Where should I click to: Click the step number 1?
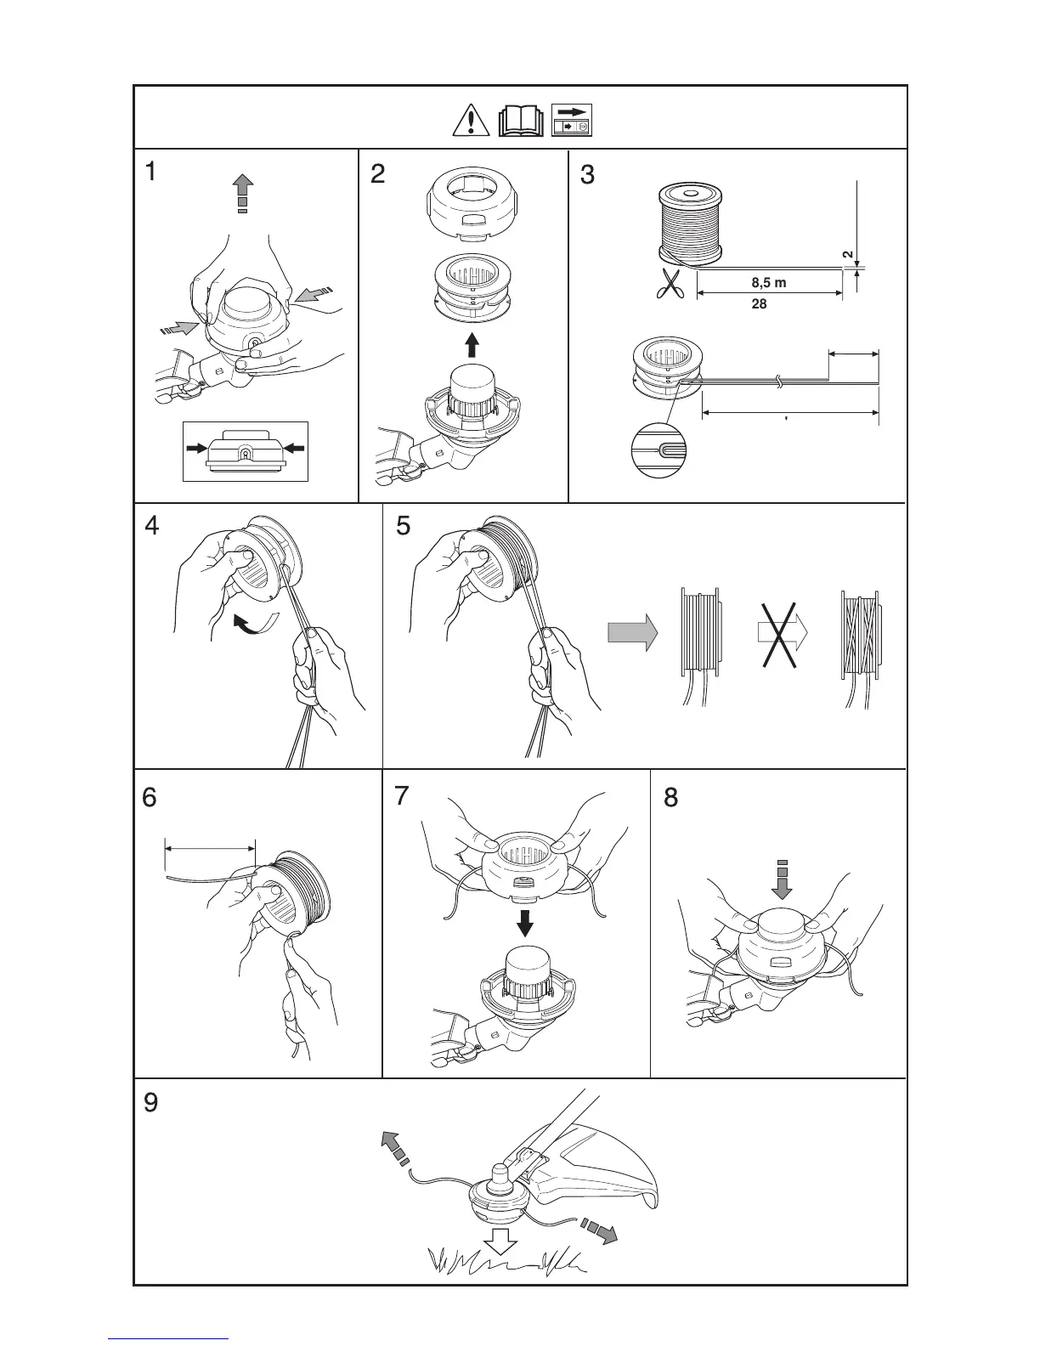(x=150, y=172)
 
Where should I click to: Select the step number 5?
(x=404, y=526)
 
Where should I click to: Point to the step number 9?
(x=150, y=1103)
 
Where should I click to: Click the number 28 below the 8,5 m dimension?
(x=760, y=303)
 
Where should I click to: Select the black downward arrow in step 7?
(x=526, y=923)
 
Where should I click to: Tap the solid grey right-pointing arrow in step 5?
(x=632, y=633)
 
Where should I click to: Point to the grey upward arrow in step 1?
(x=243, y=192)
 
